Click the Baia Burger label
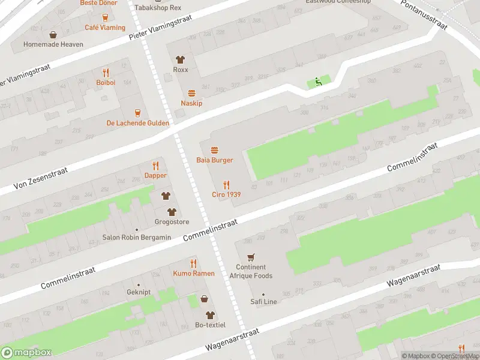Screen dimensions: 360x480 (x=214, y=160)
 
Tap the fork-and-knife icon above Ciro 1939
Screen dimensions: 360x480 (x=226, y=184)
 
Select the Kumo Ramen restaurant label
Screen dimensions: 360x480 (x=194, y=274)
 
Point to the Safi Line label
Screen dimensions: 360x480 (x=263, y=302)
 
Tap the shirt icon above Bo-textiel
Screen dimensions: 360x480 (x=209, y=315)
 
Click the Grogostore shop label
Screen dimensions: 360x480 (x=172, y=222)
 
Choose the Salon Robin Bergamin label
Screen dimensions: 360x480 (x=136, y=238)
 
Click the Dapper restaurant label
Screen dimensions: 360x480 (x=155, y=176)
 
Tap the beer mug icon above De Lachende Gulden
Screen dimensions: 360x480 (x=137, y=112)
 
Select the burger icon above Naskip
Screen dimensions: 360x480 (x=191, y=93)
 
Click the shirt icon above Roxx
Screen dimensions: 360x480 (x=180, y=59)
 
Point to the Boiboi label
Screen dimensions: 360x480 (x=106, y=82)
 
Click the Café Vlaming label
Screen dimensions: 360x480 (x=105, y=28)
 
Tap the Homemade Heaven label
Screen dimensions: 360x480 (x=53, y=44)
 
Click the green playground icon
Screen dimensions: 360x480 (x=318, y=82)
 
